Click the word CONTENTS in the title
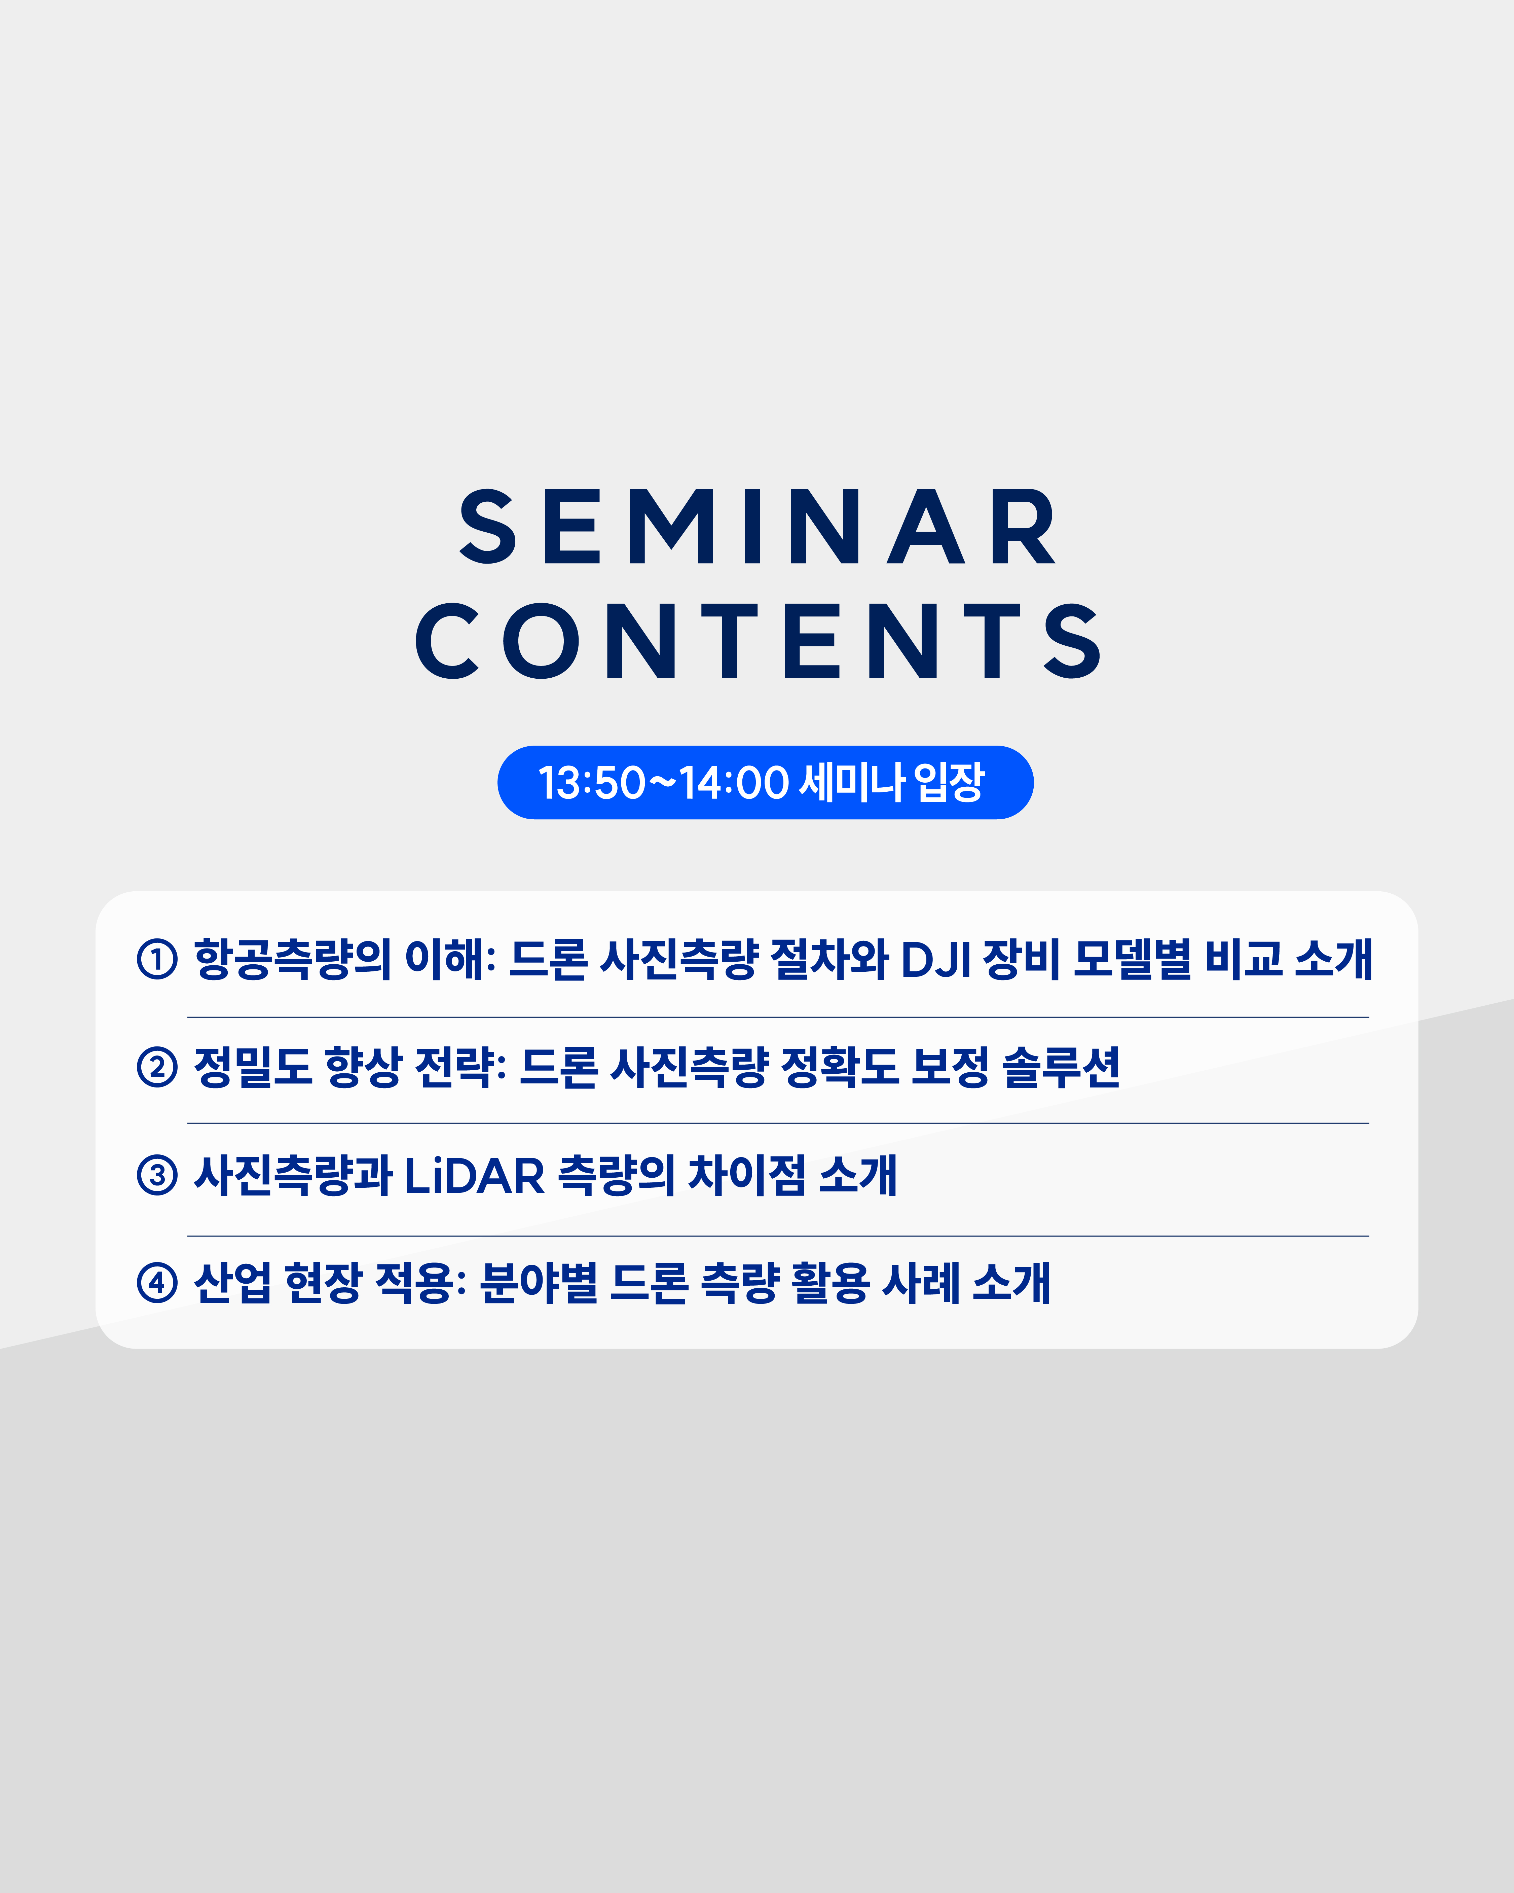756,641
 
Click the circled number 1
157,959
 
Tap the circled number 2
157,1067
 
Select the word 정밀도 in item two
253,1067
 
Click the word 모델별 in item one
1132,959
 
